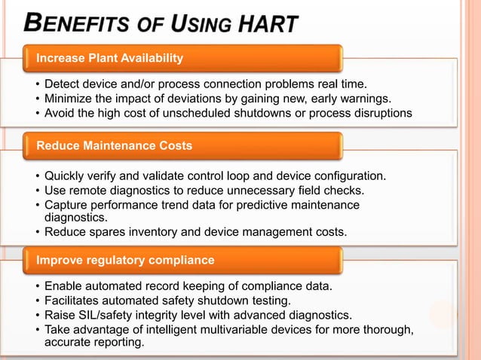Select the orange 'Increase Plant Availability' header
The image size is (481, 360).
181,58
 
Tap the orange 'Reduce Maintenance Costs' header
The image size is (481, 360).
181,145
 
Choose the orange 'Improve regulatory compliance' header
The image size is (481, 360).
181,261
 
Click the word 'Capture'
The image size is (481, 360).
67,205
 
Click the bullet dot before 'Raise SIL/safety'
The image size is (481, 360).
37,315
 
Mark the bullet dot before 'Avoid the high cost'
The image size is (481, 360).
37,114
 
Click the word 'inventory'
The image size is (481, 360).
164,232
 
